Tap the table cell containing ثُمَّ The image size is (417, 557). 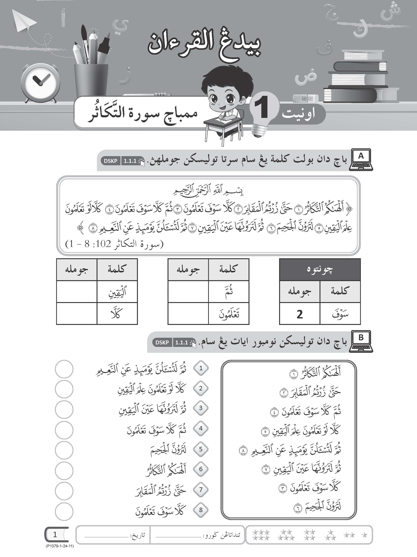click(x=229, y=292)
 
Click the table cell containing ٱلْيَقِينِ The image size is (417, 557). click(x=117, y=292)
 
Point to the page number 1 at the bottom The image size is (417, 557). click(x=55, y=534)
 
